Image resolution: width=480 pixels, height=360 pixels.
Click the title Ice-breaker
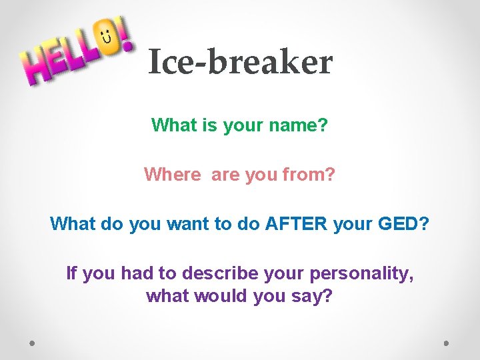point(240,63)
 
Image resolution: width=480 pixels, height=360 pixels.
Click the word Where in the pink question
point(172,175)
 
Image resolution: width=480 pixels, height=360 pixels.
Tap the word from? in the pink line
point(309,175)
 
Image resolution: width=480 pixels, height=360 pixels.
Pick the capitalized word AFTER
point(296,224)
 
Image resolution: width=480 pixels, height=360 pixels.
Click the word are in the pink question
point(225,175)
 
